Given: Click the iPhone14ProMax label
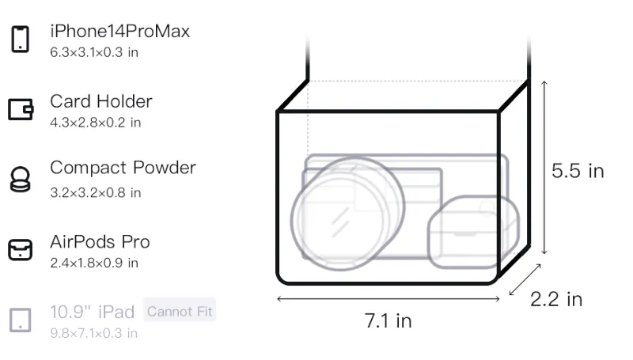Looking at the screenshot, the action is click(x=120, y=31).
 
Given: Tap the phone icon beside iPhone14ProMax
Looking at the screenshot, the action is click(x=21, y=39).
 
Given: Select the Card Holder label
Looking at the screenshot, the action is click(x=101, y=101).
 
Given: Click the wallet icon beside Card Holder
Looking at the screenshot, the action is click(x=21, y=109).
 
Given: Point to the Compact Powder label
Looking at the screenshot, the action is click(x=123, y=168).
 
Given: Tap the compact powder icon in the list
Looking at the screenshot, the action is click(x=21, y=179).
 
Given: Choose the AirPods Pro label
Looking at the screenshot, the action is click(x=100, y=242).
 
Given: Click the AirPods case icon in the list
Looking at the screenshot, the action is click(x=21, y=250).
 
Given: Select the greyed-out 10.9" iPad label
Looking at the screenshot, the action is click(x=92, y=312).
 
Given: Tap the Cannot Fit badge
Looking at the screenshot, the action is click(x=180, y=311).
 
